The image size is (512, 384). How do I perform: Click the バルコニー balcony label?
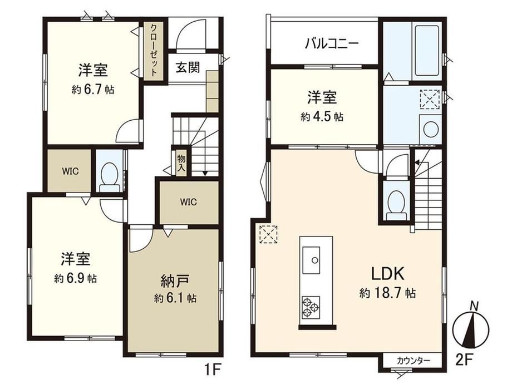pos(332,43)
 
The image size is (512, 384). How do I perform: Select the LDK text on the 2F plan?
pos(388,274)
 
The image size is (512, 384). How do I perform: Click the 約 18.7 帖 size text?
pos(387,293)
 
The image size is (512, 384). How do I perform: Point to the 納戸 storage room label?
pos(175,281)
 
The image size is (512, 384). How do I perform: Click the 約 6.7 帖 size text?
pos(93,90)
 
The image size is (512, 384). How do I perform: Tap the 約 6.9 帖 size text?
pos(76,278)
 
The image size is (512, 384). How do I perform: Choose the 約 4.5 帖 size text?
pos(322,116)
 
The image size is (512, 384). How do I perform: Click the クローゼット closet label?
pos(154,50)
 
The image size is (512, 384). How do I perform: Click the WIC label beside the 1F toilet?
pos(70,171)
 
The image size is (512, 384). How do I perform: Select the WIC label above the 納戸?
pos(189,202)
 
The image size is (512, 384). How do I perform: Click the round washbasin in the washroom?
pos(430,129)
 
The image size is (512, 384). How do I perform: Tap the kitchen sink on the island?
pos(311,260)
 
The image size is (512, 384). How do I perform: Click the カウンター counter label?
pos(413,361)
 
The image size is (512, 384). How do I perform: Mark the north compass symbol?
pos(470,326)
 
